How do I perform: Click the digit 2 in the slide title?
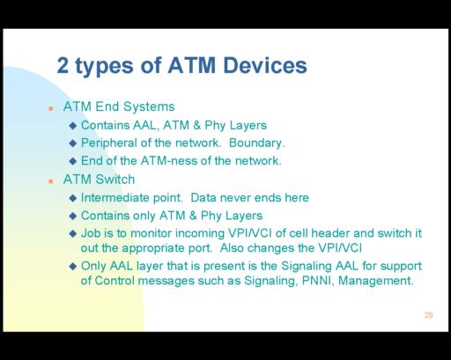coord(63,65)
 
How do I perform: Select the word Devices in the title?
coord(265,65)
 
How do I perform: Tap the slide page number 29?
coord(428,315)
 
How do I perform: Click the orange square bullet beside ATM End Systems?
coord(51,108)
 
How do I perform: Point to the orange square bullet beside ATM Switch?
coord(51,181)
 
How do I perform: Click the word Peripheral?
coord(109,143)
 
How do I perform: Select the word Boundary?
coord(256,143)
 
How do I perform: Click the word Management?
coord(375,281)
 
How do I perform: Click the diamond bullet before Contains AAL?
coord(73,126)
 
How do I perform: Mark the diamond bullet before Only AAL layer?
coord(73,267)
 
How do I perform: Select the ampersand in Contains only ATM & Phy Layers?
coord(193,216)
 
